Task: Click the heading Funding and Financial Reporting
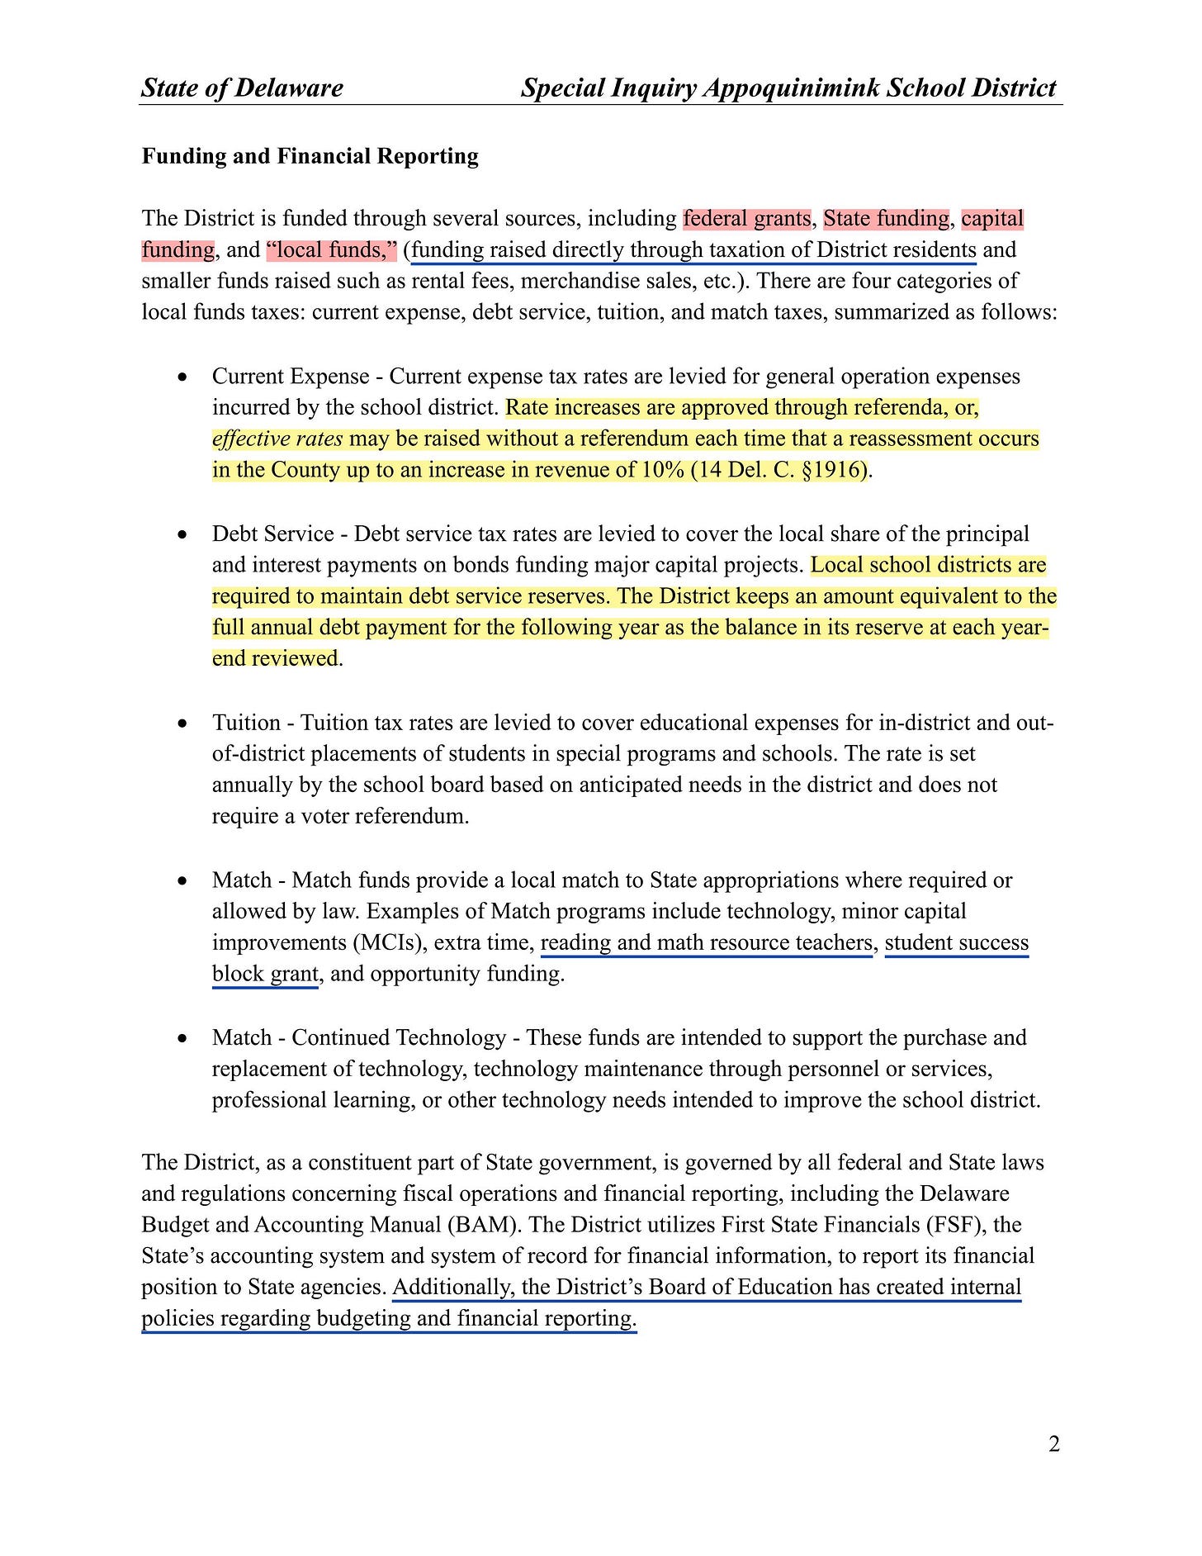310,156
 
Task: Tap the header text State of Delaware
242,88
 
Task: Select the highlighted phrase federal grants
747,219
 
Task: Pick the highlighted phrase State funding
886,219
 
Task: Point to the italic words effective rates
277,439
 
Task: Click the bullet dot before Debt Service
182,535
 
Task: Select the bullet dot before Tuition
182,724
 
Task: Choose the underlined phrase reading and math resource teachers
707,942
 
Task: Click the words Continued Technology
399,1037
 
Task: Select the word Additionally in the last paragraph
452,1288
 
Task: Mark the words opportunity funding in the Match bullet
467,974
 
